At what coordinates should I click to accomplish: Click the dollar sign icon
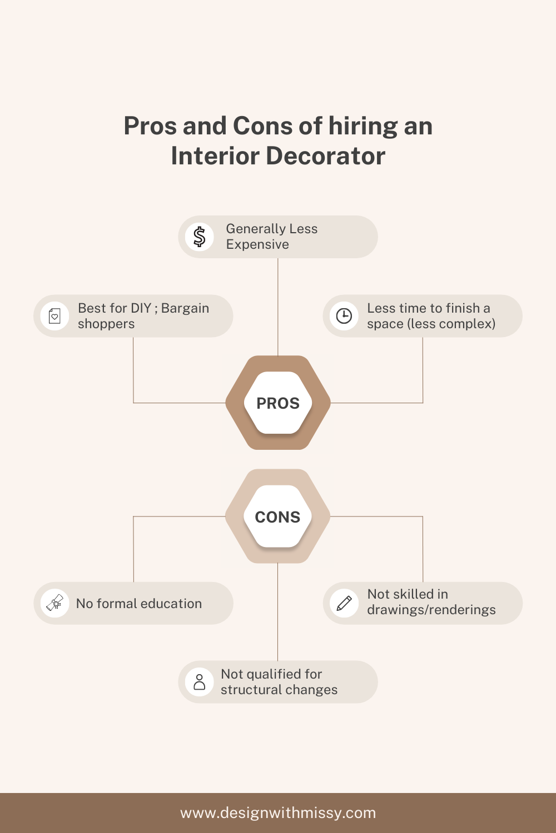pos(200,237)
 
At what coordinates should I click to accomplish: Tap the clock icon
pos(344,316)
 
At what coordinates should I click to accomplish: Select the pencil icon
pos(344,603)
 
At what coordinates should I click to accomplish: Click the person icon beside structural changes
pos(200,682)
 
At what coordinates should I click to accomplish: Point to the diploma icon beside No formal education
pos(55,603)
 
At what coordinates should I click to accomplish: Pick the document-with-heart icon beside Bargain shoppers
pos(55,316)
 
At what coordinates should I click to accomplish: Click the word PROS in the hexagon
pos(278,403)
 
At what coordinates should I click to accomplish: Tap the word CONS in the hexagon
pos(277,517)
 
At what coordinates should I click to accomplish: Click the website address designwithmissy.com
pos(278,813)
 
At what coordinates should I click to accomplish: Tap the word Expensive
pos(257,245)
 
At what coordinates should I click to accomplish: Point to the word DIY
pos(141,308)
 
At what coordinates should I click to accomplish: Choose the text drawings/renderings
pos(431,610)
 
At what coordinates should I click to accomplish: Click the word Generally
pos(256,229)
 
